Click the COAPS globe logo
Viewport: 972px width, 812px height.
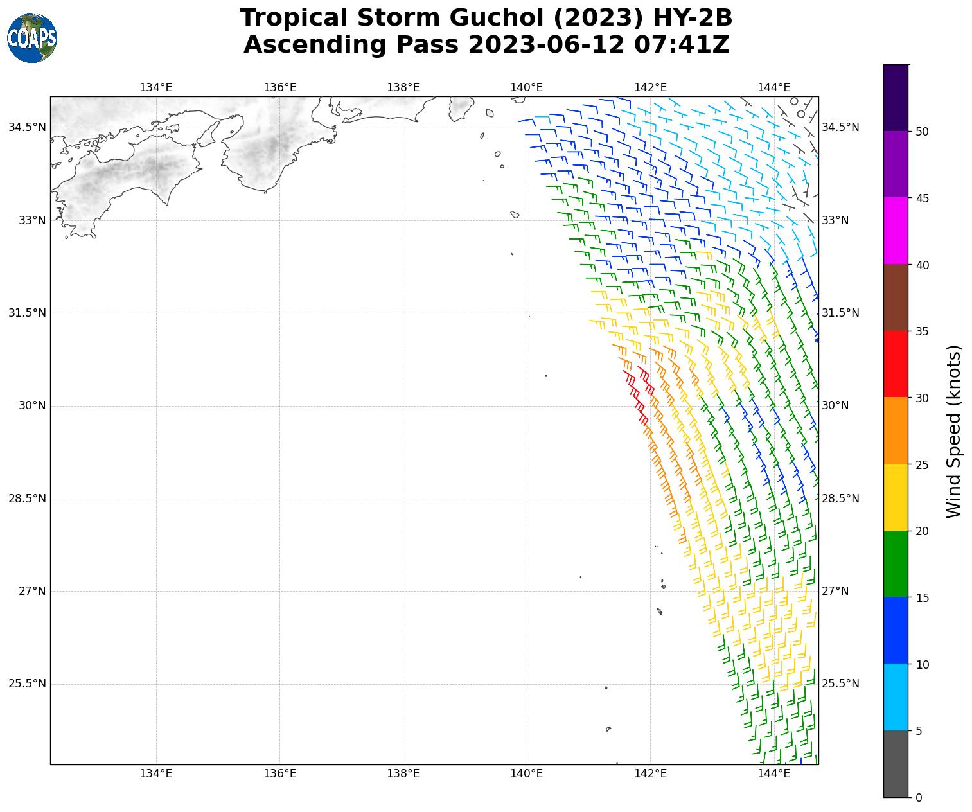pos(32,39)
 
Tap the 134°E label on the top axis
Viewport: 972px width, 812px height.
pos(156,87)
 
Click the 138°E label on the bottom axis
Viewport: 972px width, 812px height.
pos(403,773)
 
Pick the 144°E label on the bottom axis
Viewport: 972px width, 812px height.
pos(774,773)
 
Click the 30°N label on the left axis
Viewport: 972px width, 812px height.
pos(32,405)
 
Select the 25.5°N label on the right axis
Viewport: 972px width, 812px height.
pos(840,684)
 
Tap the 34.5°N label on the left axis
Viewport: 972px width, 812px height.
pos(27,127)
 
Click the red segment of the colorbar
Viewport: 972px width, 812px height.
pos(896,364)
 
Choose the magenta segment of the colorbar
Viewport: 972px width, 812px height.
pos(896,231)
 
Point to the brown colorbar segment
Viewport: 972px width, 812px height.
pos(896,297)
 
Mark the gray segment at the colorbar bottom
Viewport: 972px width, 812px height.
pos(896,764)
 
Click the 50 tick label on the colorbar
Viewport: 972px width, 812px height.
pos(922,132)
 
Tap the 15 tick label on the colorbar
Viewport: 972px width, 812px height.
pos(922,598)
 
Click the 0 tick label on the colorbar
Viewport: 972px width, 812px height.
pos(919,798)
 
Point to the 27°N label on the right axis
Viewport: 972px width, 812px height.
pos(835,591)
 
